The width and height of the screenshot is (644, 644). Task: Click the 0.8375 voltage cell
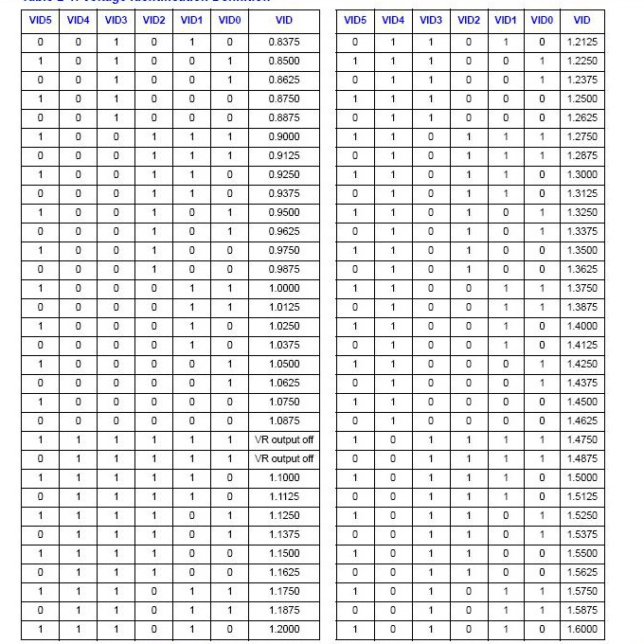pyautogui.click(x=284, y=42)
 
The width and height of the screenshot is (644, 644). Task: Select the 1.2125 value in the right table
pyautogui.click(x=582, y=42)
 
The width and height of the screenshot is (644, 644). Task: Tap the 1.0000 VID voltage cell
pyautogui.click(x=284, y=288)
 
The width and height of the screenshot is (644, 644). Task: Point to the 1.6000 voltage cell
pyautogui.click(x=582, y=629)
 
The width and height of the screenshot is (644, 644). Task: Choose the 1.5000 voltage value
pyautogui.click(x=582, y=477)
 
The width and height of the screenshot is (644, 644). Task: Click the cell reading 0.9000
pyautogui.click(x=284, y=136)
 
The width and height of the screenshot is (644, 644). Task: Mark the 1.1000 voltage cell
pyautogui.click(x=284, y=477)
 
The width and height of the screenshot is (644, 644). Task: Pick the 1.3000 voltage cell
pyautogui.click(x=582, y=174)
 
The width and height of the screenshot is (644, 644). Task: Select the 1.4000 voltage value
pyautogui.click(x=582, y=326)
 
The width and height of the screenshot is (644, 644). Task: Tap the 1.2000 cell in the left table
pyautogui.click(x=284, y=629)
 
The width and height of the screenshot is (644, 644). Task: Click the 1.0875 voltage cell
pyautogui.click(x=284, y=420)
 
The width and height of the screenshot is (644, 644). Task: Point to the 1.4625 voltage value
pyautogui.click(x=582, y=420)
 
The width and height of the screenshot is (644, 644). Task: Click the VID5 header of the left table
pyautogui.click(x=40, y=20)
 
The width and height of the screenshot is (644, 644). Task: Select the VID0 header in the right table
pyautogui.click(x=542, y=20)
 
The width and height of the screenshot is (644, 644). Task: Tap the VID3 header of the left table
pyautogui.click(x=116, y=20)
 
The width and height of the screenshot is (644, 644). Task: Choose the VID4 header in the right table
pyautogui.click(x=392, y=20)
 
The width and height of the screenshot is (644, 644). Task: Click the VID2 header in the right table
pyautogui.click(x=468, y=20)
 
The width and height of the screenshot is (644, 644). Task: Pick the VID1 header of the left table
pyautogui.click(x=191, y=20)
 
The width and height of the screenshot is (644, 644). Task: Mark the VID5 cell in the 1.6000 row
pyautogui.click(x=355, y=629)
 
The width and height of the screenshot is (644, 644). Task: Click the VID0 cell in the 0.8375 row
pyautogui.click(x=229, y=42)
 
